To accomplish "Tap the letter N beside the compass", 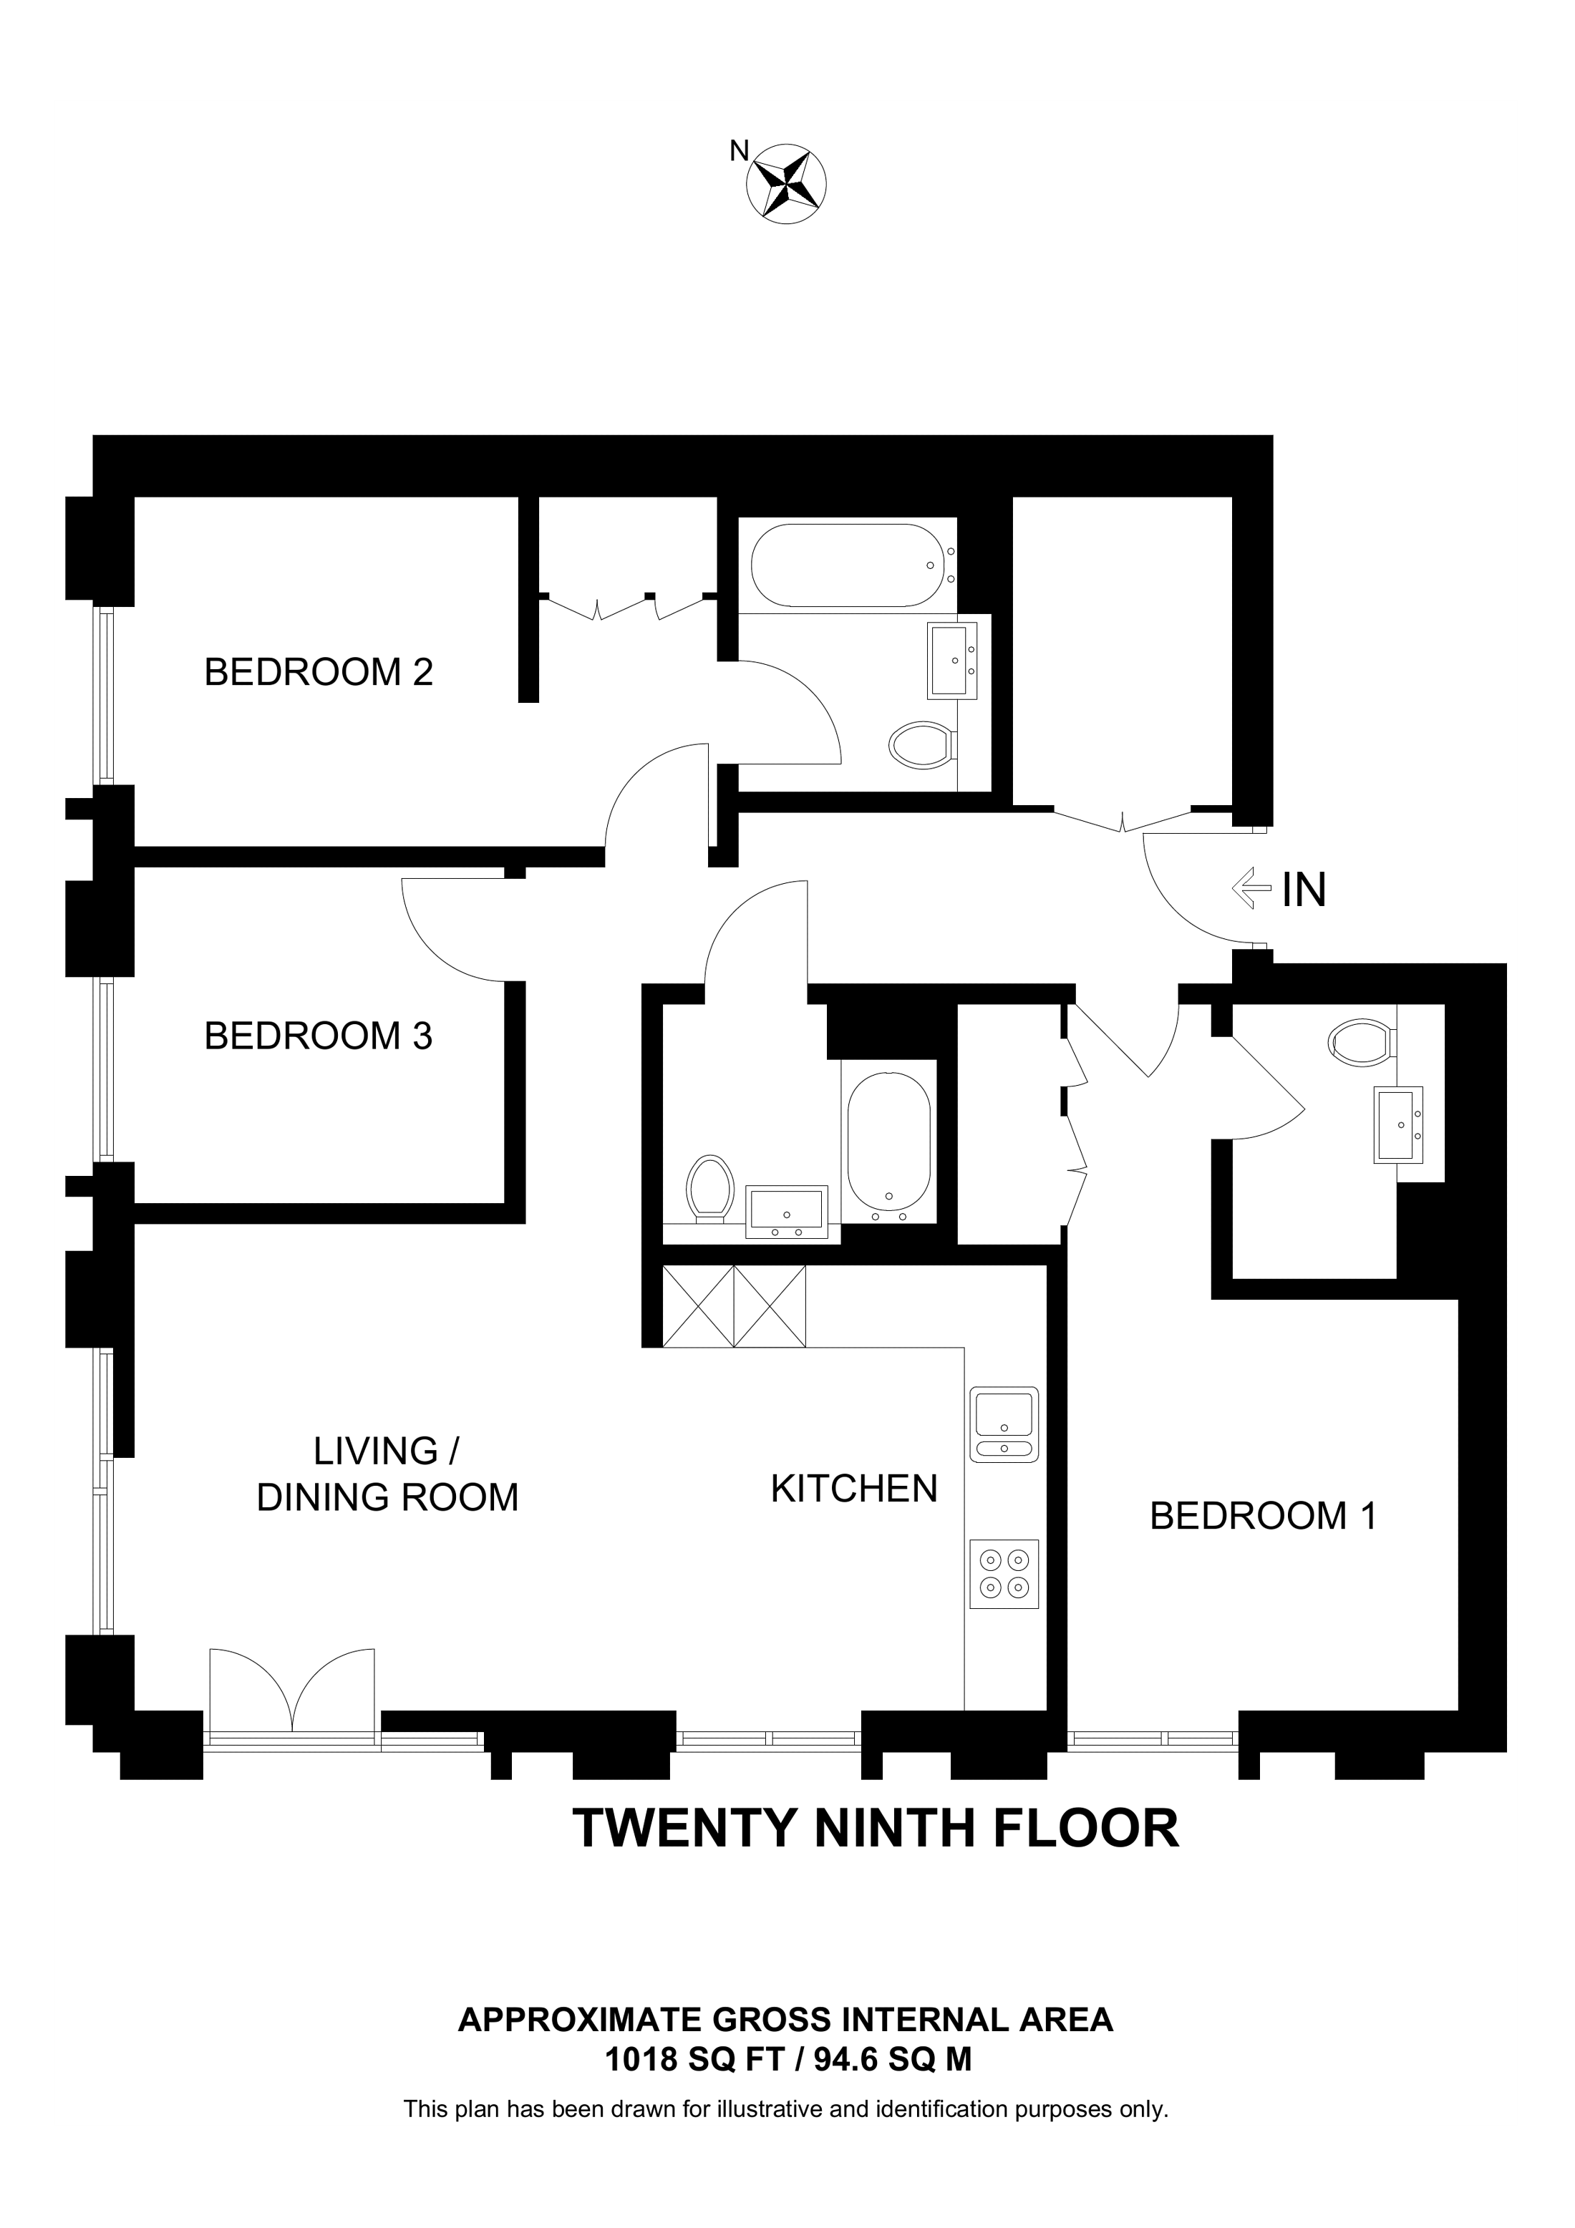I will point(740,150).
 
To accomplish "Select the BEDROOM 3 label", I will point(319,1036).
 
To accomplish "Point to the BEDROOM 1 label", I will point(1263,1516).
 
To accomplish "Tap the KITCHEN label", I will point(854,1489).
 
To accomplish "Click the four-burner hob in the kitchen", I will point(1004,1574).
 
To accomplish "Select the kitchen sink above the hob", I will point(1004,1424).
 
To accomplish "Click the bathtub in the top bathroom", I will point(847,565).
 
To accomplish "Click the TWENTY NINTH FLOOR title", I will point(876,1829).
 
